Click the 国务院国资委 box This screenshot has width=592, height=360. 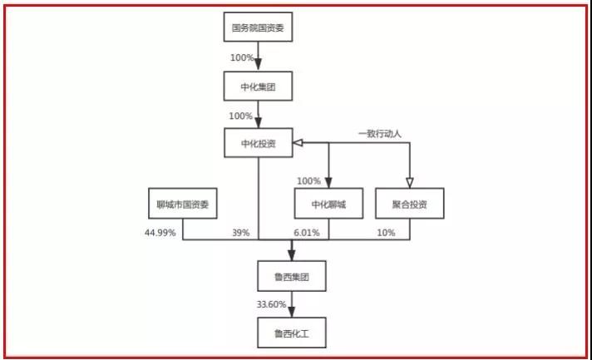pyautogui.click(x=259, y=29)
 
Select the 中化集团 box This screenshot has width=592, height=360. pyautogui.click(x=259, y=86)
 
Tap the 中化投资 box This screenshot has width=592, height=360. pyautogui.click(x=259, y=143)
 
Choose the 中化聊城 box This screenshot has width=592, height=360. pyautogui.click(x=328, y=203)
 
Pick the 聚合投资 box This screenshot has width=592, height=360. pyautogui.click(x=408, y=203)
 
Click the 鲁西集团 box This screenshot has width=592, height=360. pyautogui.click(x=292, y=274)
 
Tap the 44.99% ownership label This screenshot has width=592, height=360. pyautogui.click(x=160, y=233)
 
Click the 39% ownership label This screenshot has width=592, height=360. pyautogui.click(x=241, y=233)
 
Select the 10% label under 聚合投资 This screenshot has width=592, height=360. pyautogui.click(x=387, y=233)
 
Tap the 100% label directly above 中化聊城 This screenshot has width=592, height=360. pyautogui.click(x=308, y=181)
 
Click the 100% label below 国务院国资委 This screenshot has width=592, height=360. pyautogui.click(x=242, y=58)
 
